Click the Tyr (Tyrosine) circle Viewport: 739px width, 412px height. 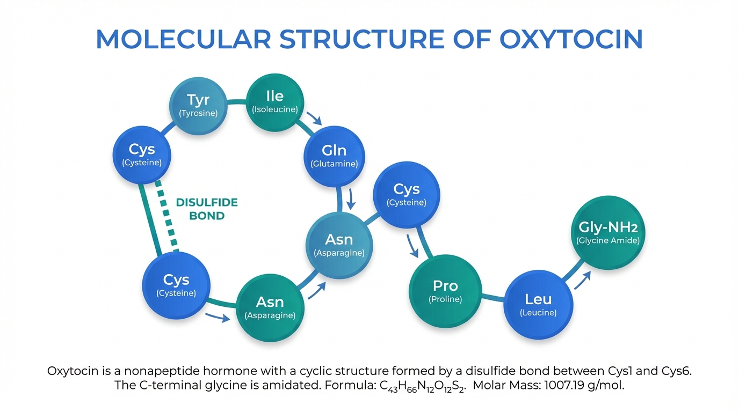tap(198, 105)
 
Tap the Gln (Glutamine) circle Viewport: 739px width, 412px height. tap(334, 156)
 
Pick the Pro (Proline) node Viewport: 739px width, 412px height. tap(445, 291)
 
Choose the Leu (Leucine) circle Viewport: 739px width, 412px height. tap(538, 304)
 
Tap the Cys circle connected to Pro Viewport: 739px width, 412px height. tap(407, 194)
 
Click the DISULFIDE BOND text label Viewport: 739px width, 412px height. tap(207, 209)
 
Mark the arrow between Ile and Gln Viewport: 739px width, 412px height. tap(313, 119)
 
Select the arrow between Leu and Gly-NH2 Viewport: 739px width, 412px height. tap(583, 279)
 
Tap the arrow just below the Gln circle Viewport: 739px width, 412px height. tap(352, 198)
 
